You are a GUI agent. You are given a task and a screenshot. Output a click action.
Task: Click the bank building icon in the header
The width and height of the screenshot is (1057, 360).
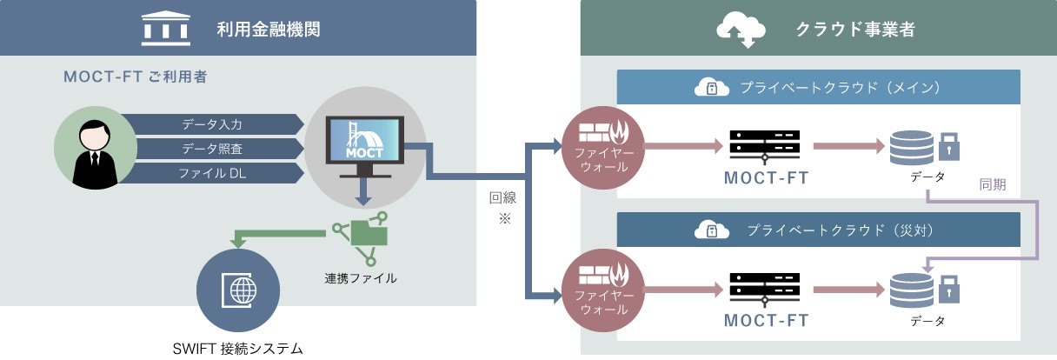(x=165, y=30)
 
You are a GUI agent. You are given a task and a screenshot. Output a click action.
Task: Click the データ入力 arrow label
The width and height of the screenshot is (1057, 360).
(x=212, y=123)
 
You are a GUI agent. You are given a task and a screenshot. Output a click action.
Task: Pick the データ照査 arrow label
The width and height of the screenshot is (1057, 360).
(x=212, y=149)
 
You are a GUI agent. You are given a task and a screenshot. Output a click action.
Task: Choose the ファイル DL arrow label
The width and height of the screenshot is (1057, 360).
(x=212, y=174)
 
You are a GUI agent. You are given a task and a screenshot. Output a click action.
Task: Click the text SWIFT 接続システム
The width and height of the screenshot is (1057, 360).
(x=237, y=348)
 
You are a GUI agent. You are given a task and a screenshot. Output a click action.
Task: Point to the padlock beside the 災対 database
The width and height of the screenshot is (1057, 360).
(x=948, y=286)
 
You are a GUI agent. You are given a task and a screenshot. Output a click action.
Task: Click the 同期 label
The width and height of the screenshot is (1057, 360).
(x=993, y=184)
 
